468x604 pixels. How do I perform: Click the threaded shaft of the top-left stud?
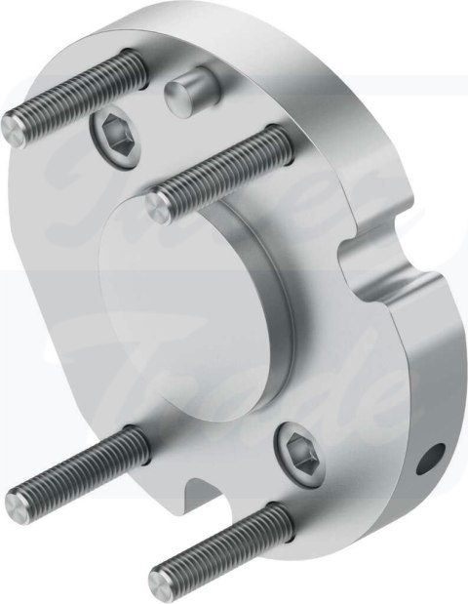tap(78, 92)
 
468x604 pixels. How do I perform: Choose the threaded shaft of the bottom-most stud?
tap(224, 536)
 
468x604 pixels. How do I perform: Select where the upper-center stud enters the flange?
tap(280, 148)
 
